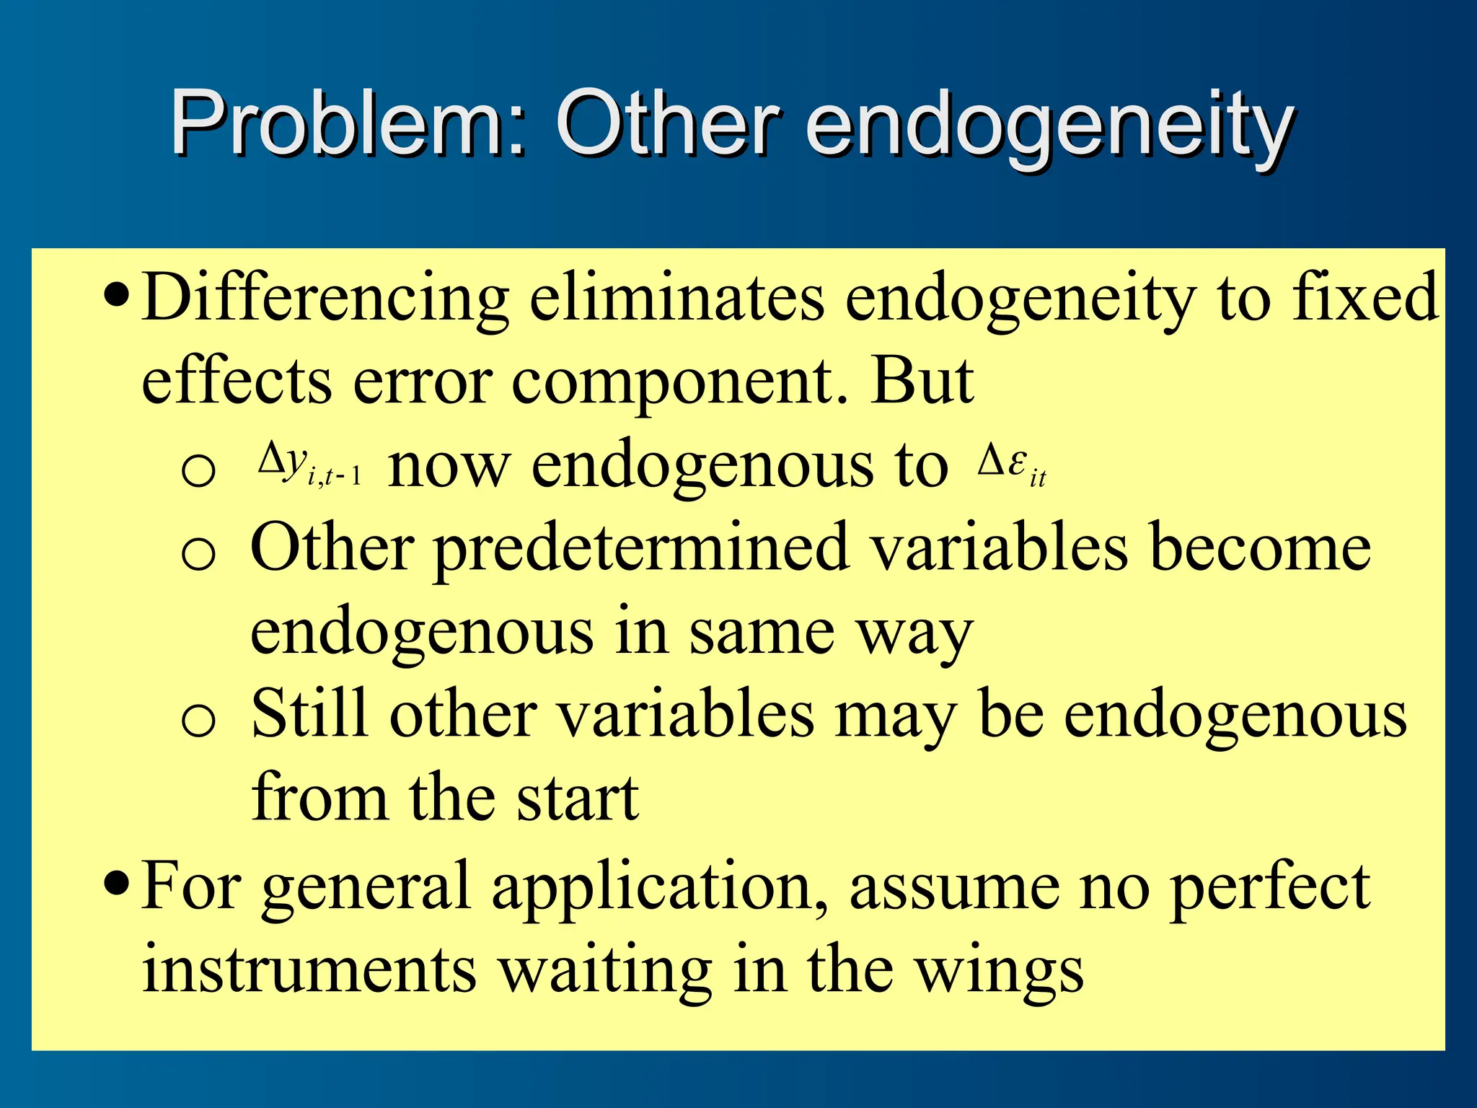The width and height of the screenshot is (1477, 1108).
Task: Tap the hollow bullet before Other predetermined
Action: (x=198, y=555)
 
